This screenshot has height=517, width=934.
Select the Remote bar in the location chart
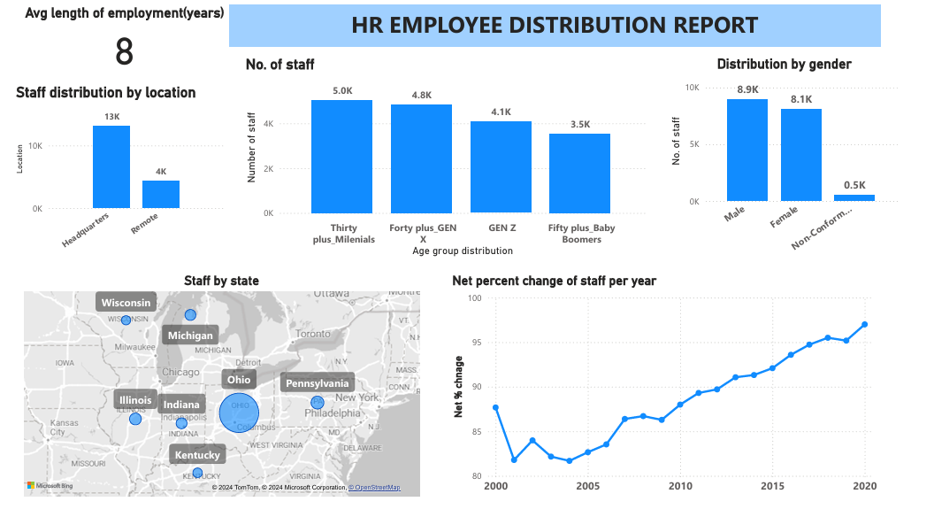(161, 194)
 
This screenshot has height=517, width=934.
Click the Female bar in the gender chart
(800, 155)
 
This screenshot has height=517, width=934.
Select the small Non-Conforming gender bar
(854, 197)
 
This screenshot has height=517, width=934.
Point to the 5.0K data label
(342, 90)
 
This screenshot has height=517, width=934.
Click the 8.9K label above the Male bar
(747, 89)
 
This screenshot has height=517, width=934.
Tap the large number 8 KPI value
(124, 52)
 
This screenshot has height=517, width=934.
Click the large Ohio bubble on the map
(240, 413)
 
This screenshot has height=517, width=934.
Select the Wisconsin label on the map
(126, 303)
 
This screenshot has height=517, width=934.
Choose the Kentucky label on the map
(197, 455)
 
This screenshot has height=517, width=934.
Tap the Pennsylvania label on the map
(318, 383)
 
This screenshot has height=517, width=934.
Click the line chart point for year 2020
(864, 324)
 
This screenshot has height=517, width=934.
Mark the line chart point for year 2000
(496, 407)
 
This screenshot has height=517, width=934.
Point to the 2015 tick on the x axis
(772, 487)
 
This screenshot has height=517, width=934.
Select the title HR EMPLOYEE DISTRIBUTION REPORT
(555, 25)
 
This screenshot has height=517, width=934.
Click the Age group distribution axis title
(463, 251)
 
